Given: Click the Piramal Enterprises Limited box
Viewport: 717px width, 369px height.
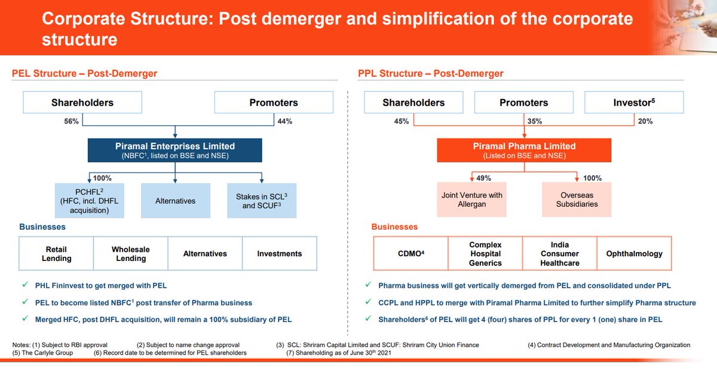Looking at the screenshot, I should click(x=174, y=150).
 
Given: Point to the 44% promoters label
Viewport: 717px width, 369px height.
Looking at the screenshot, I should click(x=285, y=121).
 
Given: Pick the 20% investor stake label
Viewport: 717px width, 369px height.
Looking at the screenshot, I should click(x=645, y=121).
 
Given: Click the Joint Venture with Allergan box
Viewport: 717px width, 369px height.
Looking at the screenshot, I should click(x=471, y=199).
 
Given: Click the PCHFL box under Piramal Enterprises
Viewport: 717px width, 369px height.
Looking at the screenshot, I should click(x=90, y=201).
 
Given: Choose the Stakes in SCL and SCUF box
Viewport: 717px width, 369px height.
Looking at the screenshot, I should click(x=262, y=201).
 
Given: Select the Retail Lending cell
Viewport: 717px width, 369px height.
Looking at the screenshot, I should click(x=56, y=254).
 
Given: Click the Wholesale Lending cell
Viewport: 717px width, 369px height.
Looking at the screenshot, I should click(x=131, y=254).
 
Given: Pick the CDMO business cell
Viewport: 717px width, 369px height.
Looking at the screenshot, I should click(x=410, y=254).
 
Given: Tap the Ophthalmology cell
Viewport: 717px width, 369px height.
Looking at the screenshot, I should click(x=634, y=254).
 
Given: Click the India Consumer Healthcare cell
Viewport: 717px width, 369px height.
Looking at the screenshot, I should click(x=560, y=254).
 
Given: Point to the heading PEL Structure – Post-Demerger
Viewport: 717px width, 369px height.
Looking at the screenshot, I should click(x=84, y=73).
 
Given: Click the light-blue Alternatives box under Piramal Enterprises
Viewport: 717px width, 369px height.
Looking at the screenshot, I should click(x=175, y=201).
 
